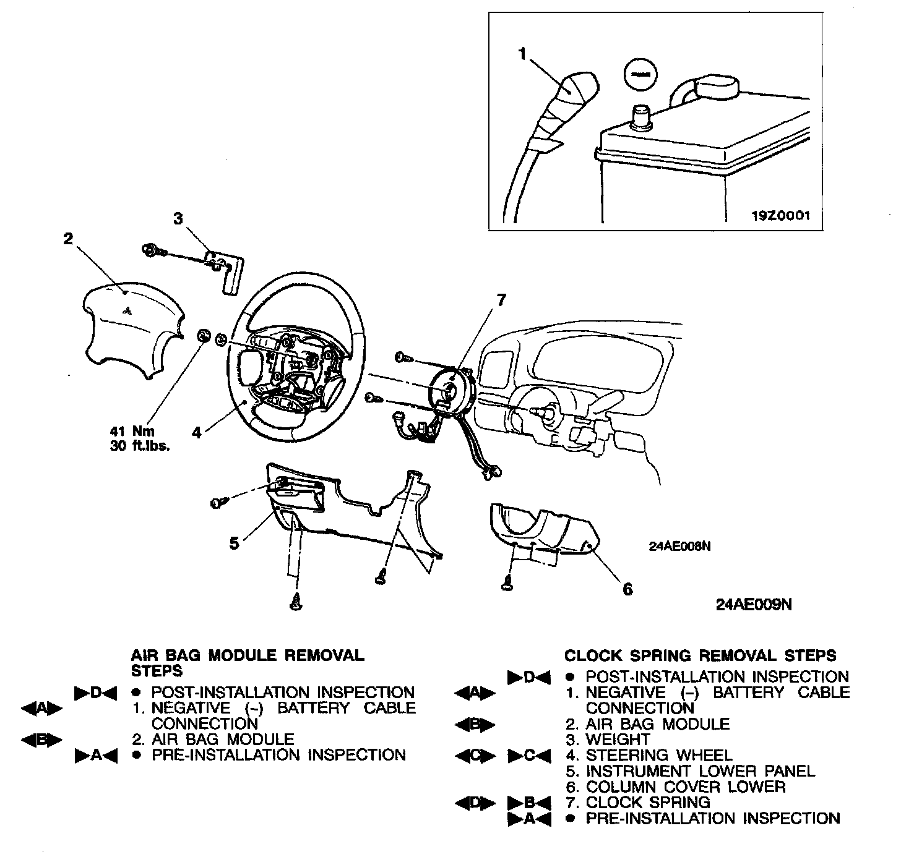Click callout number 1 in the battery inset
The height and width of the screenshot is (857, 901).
tap(522, 55)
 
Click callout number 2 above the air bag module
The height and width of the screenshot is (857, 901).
tap(68, 239)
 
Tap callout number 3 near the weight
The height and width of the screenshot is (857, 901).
tap(178, 219)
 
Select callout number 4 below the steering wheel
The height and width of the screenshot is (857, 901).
tap(196, 432)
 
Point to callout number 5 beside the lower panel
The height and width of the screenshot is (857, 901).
tap(234, 544)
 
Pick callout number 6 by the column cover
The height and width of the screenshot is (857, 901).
tap(627, 589)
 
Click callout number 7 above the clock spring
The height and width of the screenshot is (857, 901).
tap(500, 301)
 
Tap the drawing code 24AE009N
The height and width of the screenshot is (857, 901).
tap(753, 605)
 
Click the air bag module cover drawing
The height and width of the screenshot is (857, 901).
tap(130, 328)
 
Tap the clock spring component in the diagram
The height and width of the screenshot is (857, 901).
tap(450, 390)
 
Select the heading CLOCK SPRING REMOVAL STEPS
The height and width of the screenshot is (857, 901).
tap(700, 655)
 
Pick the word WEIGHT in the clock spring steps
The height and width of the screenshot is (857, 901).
tap(618, 740)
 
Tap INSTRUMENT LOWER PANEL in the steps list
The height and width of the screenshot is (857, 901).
tap(700, 772)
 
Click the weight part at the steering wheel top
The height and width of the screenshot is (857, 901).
tap(226, 272)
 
